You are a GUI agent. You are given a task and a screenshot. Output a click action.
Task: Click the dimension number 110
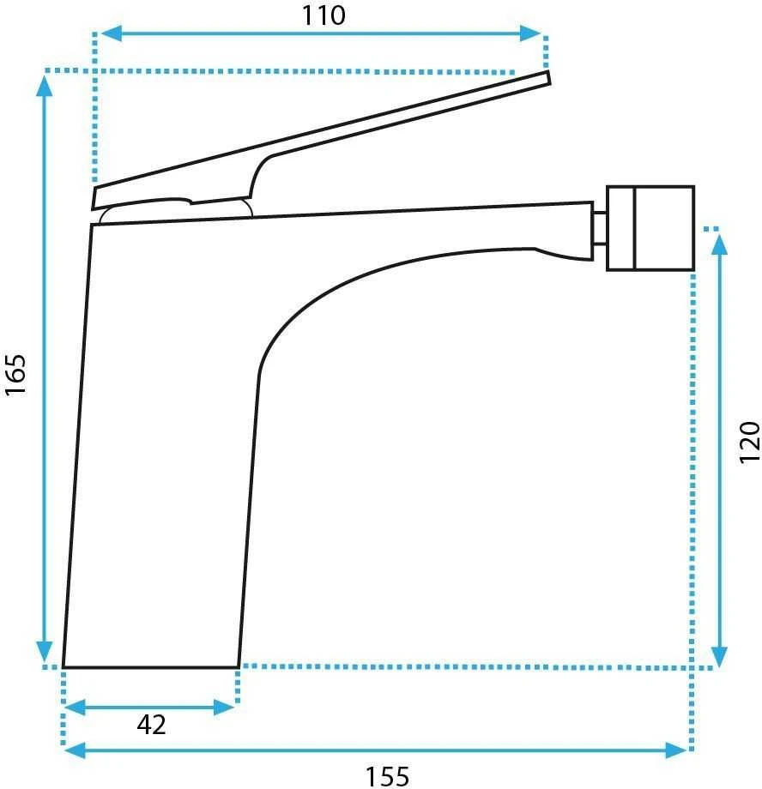324,15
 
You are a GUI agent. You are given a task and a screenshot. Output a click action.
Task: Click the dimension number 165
15,375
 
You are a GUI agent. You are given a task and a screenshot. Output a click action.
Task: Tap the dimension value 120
749,443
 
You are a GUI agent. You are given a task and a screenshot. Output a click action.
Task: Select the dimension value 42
151,725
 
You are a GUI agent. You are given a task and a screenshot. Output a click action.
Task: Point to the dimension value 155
387,776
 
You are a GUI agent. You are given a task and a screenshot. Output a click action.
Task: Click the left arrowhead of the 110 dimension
111,33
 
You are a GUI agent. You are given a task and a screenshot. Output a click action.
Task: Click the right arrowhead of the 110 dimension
530,33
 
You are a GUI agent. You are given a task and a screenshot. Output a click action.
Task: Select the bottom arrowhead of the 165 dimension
45,652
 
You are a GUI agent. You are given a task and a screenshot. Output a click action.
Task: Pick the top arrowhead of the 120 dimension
720,244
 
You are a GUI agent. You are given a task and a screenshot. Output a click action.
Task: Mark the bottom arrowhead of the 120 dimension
720,657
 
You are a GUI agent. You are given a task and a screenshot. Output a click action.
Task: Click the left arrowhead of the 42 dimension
76,708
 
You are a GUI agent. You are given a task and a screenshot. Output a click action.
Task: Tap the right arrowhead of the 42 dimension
224,708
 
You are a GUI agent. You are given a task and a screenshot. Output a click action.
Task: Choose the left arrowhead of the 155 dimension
76,750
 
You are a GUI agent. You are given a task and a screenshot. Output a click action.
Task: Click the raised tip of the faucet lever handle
548,78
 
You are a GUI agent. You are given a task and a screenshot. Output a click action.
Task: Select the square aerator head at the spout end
650,228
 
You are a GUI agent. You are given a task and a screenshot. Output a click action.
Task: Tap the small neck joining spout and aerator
599,229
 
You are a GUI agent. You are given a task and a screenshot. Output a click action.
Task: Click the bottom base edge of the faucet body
150,667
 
